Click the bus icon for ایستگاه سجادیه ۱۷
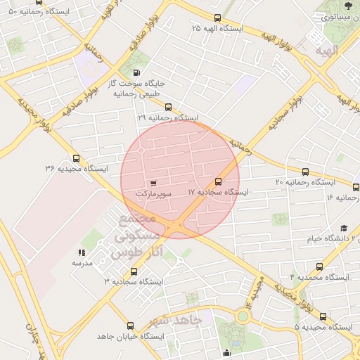218,181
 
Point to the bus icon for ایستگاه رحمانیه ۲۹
168,108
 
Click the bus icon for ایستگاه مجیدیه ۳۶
76,158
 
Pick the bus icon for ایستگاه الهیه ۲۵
217,18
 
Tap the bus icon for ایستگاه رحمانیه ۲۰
305,172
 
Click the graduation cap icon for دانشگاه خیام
344,229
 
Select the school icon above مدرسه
82,252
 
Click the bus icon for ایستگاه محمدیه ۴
321,267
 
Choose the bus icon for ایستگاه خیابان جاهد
130,326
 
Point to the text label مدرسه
82,262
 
